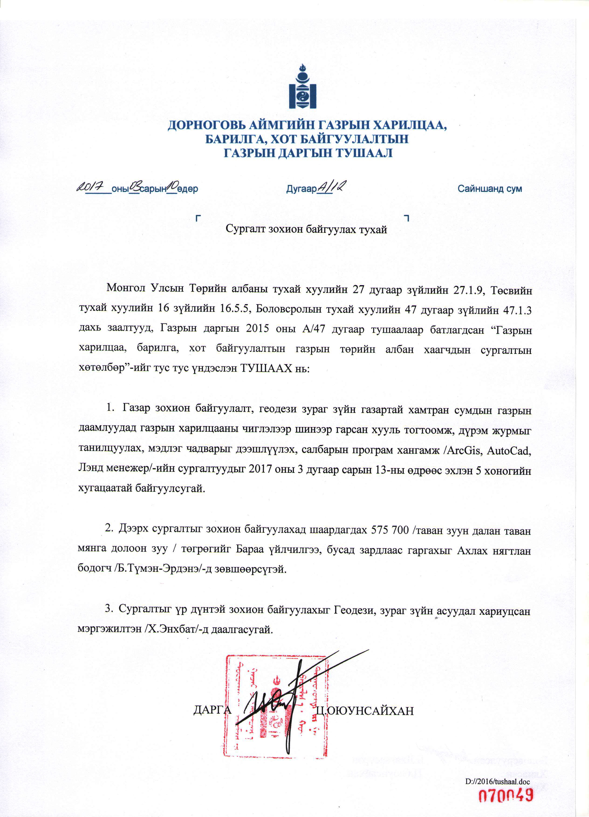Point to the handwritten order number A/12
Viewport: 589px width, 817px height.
pyautogui.click(x=331, y=187)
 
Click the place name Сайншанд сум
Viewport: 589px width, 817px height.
pyautogui.click(x=490, y=188)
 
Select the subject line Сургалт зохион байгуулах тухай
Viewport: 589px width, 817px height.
pyautogui.click(x=306, y=229)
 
